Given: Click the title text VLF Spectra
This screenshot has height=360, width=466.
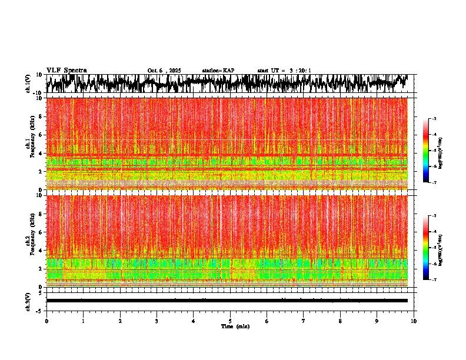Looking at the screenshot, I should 66,70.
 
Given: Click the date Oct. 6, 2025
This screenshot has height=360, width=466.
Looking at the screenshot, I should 164,71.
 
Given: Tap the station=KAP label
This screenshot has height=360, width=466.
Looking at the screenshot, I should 218,71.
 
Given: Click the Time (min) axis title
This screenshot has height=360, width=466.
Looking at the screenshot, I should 235,326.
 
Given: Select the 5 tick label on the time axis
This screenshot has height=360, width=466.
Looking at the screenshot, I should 230,321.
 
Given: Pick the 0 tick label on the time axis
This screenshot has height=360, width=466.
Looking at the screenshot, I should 46,321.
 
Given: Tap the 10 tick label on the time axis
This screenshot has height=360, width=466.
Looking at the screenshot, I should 414,321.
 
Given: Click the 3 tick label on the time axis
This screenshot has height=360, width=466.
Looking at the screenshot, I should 157,321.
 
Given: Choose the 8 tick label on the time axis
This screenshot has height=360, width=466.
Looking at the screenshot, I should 340,321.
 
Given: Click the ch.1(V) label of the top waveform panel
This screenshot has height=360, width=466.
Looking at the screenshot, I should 28,84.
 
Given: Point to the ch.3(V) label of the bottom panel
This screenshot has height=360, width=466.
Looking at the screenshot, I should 28,301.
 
